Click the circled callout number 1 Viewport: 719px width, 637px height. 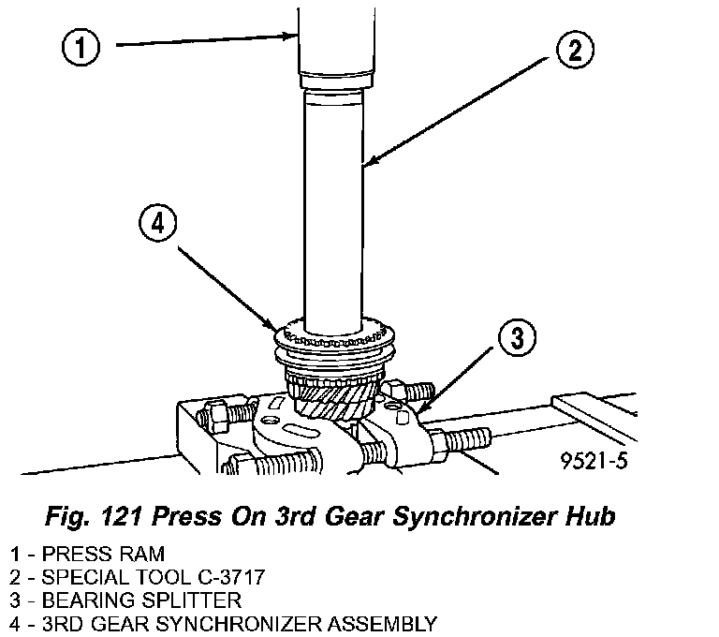coord(81,47)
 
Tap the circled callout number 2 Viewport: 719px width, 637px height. coord(575,50)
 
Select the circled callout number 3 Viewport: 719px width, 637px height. coord(517,338)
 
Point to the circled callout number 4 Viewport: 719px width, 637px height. coord(157,225)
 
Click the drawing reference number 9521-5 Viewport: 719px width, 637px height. coord(594,460)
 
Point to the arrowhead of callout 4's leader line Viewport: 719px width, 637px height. coord(272,325)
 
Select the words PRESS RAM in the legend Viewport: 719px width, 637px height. coord(103,554)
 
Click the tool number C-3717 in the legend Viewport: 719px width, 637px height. coord(231,577)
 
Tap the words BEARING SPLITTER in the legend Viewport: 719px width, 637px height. coord(141,600)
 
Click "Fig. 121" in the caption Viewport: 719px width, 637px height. coord(94,516)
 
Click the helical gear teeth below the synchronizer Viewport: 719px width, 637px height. coord(335,400)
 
